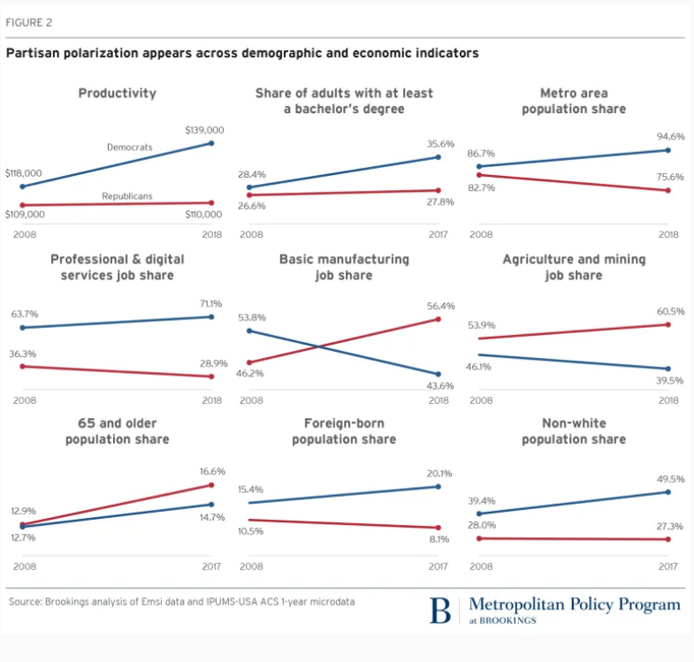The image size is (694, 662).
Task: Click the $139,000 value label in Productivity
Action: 204,130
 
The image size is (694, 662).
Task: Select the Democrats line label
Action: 130,147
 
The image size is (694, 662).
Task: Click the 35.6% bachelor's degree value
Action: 440,143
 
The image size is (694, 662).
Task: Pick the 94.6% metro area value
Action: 669,137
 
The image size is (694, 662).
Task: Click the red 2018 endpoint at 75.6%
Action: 669,190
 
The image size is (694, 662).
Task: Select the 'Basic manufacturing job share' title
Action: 344,267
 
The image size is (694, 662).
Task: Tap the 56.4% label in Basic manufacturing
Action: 440,306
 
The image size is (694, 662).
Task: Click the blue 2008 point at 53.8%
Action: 250,331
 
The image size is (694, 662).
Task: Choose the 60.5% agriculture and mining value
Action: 669,312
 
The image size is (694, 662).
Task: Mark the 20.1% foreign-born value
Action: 440,473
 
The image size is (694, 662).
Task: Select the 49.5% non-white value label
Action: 669,479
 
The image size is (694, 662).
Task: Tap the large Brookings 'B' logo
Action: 440,609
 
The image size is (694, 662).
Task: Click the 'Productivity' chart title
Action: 117,93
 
